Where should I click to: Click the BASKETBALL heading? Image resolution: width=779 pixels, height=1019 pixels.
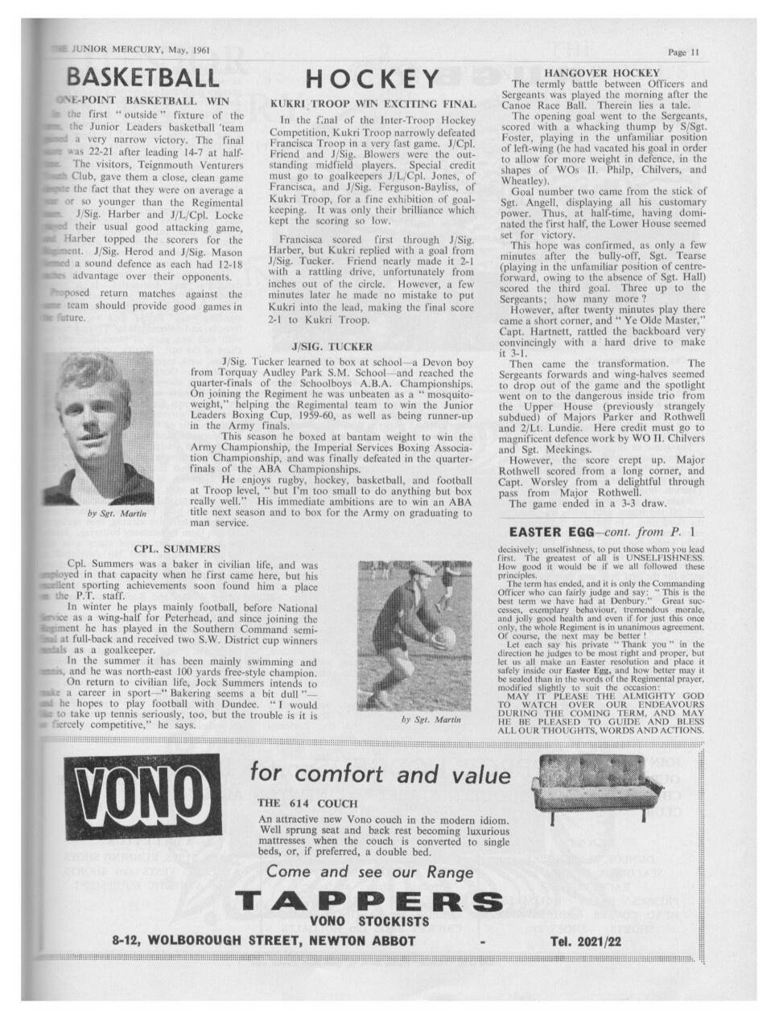click(x=142, y=77)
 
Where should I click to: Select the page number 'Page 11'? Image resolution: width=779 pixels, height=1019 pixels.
click(x=684, y=52)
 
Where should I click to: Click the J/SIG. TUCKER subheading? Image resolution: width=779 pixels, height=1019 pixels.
click(x=332, y=347)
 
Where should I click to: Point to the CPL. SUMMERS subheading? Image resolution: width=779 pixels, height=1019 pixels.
click(x=176, y=549)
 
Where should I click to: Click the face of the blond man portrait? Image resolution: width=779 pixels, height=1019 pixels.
click(x=94, y=418)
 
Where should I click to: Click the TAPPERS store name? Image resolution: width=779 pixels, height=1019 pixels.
click(x=369, y=901)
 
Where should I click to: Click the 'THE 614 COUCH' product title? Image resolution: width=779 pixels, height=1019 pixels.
click(x=307, y=803)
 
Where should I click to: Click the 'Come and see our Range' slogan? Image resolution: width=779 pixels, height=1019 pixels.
click(x=369, y=872)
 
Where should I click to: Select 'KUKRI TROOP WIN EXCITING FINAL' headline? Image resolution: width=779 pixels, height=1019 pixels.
click(x=373, y=104)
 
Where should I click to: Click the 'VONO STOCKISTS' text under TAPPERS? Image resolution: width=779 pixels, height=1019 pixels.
click(x=369, y=922)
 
